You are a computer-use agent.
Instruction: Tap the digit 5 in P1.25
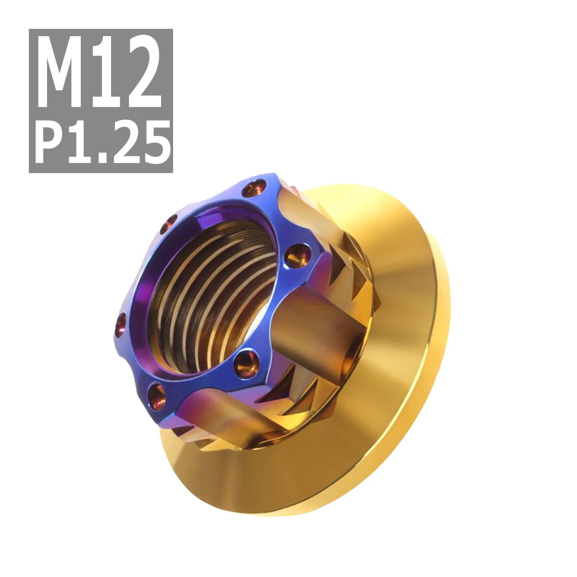(156, 140)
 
